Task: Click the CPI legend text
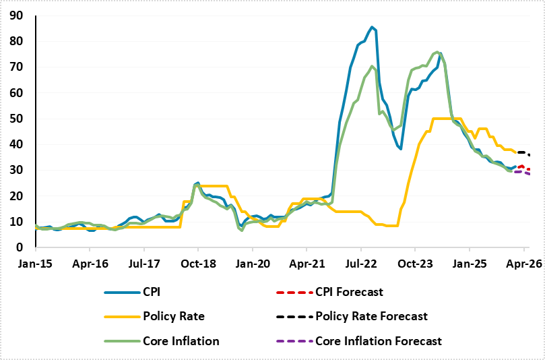pos(153,292)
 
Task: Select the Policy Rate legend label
pos(173,316)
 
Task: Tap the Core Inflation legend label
pos(181,340)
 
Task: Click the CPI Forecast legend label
pos(349,292)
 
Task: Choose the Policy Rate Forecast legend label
pos(371,316)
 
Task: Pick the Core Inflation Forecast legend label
pos(379,340)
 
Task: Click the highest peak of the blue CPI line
pos(372,27)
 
